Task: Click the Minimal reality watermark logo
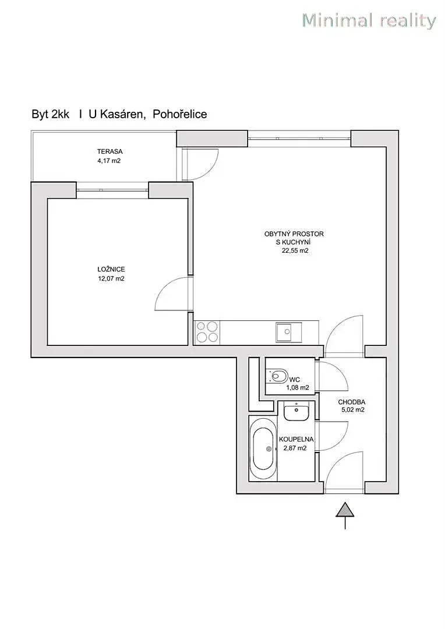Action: [369, 20]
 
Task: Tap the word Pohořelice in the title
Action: [180, 114]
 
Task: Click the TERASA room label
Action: [110, 151]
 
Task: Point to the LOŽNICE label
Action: [111, 269]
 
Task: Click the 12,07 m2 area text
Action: [111, 278]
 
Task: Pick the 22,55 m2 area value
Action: [295, 250]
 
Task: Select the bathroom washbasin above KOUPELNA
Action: [296, 412]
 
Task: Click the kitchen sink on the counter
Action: [288, 332]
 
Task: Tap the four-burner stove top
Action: [207, 332]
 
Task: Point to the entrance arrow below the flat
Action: [345, 515]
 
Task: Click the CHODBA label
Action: [351, 402]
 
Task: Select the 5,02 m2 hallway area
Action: [353, 410]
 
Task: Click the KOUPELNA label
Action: [296, 439]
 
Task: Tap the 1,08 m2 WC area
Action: [297, 388]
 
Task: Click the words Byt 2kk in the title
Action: [51, 114]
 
